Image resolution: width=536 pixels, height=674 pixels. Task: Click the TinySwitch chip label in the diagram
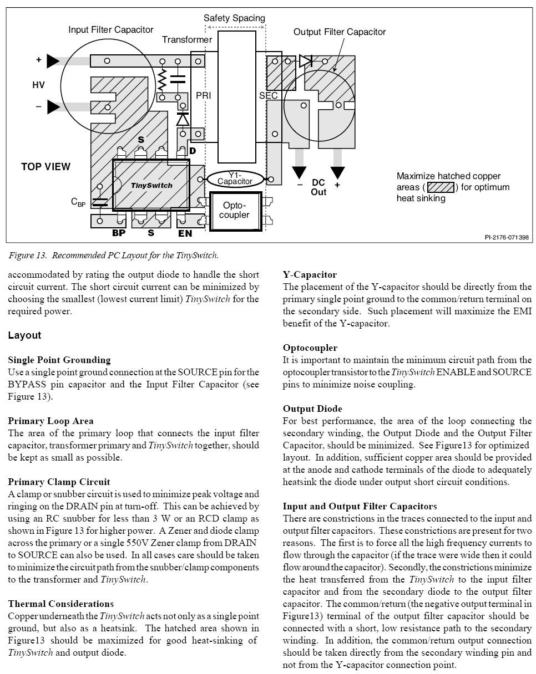(x=151, y=186)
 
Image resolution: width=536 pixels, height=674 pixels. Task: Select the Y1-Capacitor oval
(x=235, y=178)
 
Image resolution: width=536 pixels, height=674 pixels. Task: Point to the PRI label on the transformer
(x=203, y=96)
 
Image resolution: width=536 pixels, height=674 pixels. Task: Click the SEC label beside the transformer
(x=269, y=96)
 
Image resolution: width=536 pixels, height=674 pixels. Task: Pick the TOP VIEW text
(x=46, y=166)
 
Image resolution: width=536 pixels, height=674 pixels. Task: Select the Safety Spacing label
(x=234, y=18)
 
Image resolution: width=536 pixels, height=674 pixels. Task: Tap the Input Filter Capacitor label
(x=111, y=29)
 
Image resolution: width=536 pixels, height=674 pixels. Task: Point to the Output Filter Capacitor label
(x=340, y=32)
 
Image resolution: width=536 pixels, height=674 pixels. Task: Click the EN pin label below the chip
(x=185, y=233)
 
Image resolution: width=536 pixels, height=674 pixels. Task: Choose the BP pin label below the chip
(x=119, y=233)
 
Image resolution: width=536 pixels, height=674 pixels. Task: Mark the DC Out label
(x=318, y=187)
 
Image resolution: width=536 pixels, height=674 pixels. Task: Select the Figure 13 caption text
(x=113, y=256)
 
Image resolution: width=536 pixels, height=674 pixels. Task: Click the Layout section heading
(x=24, y=335)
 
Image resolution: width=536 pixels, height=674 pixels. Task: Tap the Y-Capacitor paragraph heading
(x=310, y=274)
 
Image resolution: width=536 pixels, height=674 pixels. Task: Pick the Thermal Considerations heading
(x=60, y=604)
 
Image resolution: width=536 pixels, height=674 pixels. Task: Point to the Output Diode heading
(x=312, y=409)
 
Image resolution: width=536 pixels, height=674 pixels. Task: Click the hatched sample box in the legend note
(x=441, y=187)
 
